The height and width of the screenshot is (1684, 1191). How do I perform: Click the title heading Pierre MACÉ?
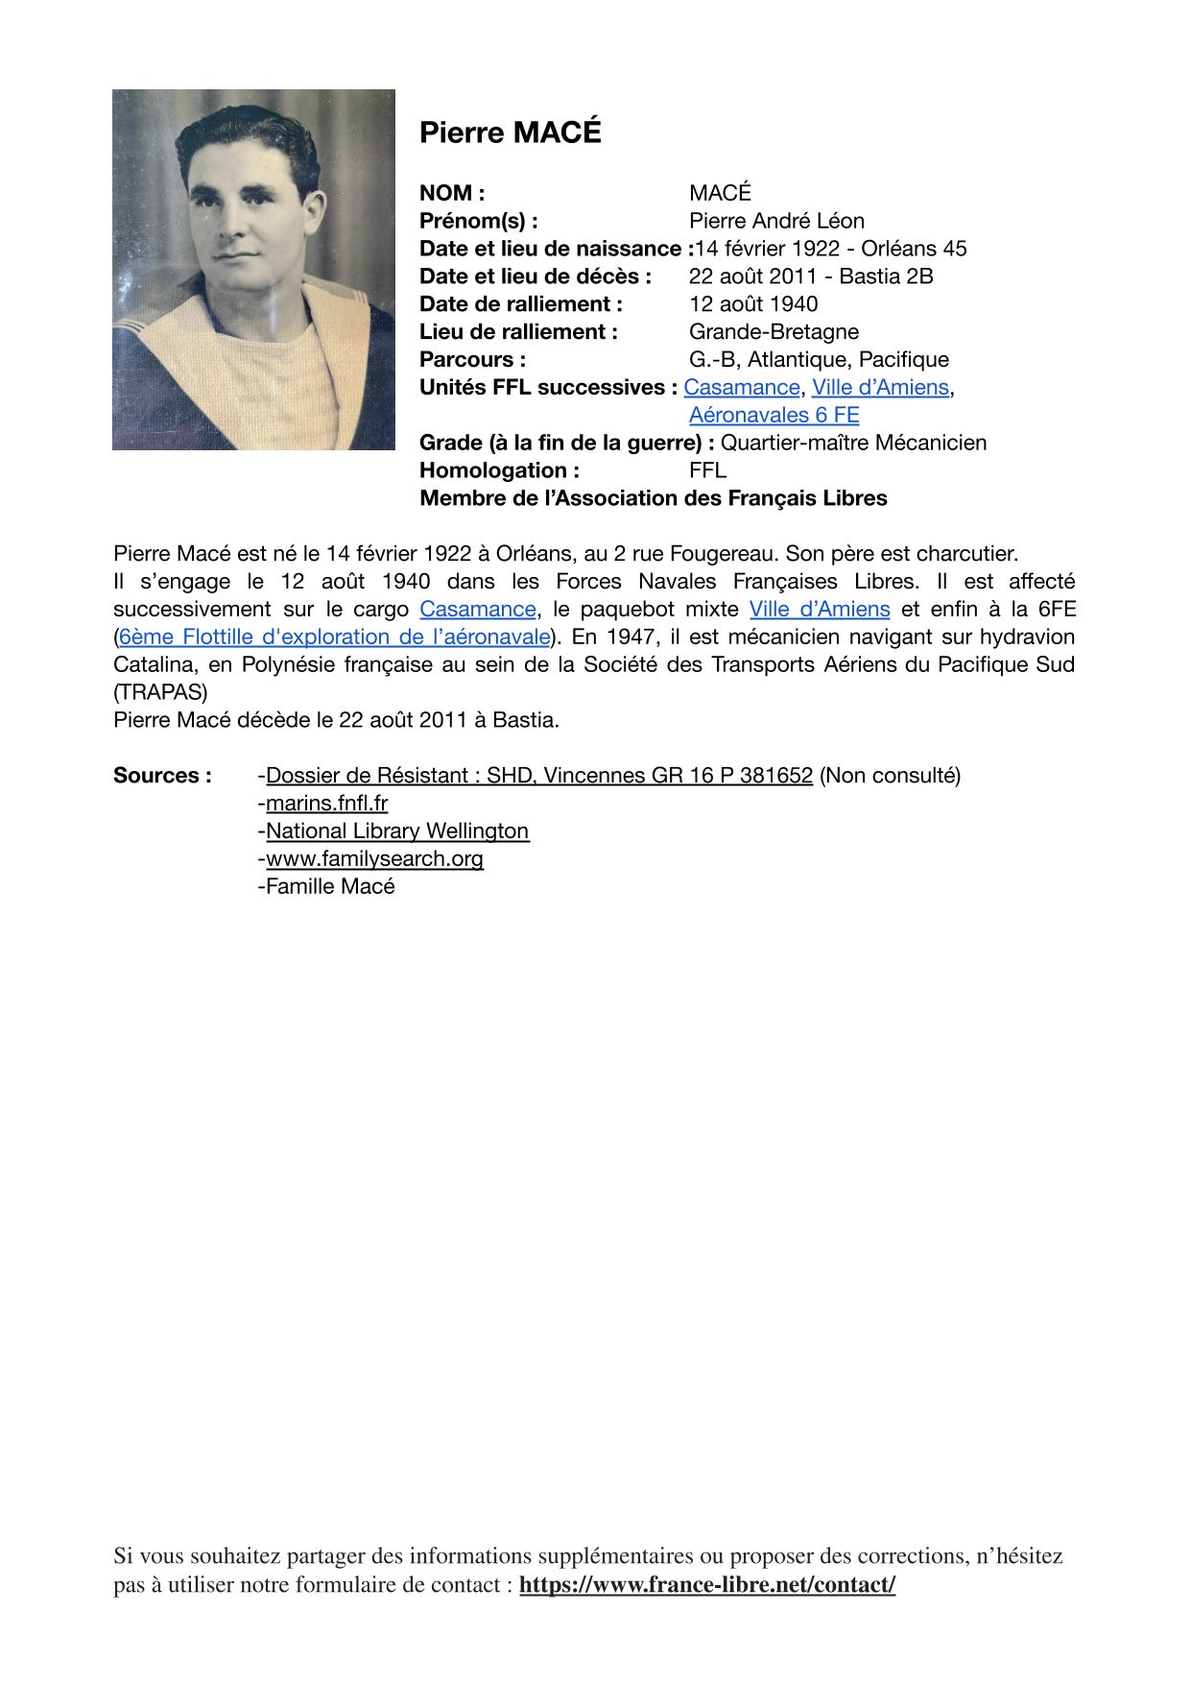tap(510, 132)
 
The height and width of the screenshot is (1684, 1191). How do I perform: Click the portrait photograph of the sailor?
tap(253, 270)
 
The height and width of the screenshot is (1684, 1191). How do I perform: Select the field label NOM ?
tap(452, 193)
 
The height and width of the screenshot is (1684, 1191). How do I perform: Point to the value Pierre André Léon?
tap(776, 221)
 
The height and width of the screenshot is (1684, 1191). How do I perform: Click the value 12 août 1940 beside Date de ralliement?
tap(753, 304)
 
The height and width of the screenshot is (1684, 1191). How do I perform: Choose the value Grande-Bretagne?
tap(774, 332)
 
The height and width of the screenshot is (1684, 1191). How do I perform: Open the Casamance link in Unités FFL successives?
tap(741, 388)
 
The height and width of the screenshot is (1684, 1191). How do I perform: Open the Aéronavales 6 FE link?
tap(774, 416)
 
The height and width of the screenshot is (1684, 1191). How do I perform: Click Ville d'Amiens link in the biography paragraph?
tap(820, 610)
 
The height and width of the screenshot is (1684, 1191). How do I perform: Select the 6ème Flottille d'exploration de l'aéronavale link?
tap(334, 638)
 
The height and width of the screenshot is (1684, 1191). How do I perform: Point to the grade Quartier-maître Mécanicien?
tap(853, 443)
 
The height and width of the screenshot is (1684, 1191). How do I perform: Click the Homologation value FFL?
tap(707, 470)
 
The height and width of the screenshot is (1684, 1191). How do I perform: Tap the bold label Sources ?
tap(162, 776)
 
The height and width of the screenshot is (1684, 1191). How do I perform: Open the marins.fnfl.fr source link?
tap(326, 804)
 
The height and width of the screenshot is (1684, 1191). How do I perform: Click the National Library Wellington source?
tap(397, 831)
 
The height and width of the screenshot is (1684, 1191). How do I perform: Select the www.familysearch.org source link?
tap(374, 859)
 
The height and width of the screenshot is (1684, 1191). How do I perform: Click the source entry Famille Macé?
tap(330, 887)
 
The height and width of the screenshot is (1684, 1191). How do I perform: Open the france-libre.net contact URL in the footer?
tap(707, 1585)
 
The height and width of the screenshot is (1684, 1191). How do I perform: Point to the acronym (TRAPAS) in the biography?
tap(160, 692)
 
